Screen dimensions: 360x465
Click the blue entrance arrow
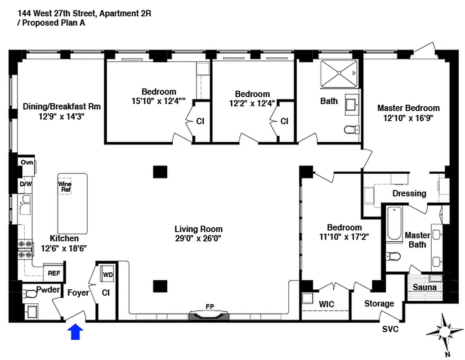[x=76, y=332]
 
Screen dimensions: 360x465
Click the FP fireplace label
[x=210, y=306]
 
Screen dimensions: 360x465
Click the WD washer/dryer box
[x=108, y=274]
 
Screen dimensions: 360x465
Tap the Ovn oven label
[x=27, y=162]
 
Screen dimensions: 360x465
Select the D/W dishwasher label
[x=24, y=184]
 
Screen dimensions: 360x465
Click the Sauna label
[x=425, y=287]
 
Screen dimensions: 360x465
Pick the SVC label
[x=390, y=329]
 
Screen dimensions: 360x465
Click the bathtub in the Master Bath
[x=394, y=224]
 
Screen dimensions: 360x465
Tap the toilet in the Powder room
[x=31, y=294]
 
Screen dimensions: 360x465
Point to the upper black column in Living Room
[x=160, y=171]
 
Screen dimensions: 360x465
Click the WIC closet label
[x=326, y=305]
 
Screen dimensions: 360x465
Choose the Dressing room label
[x=409, y=193]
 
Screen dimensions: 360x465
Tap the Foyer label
[x=78, y=292]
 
